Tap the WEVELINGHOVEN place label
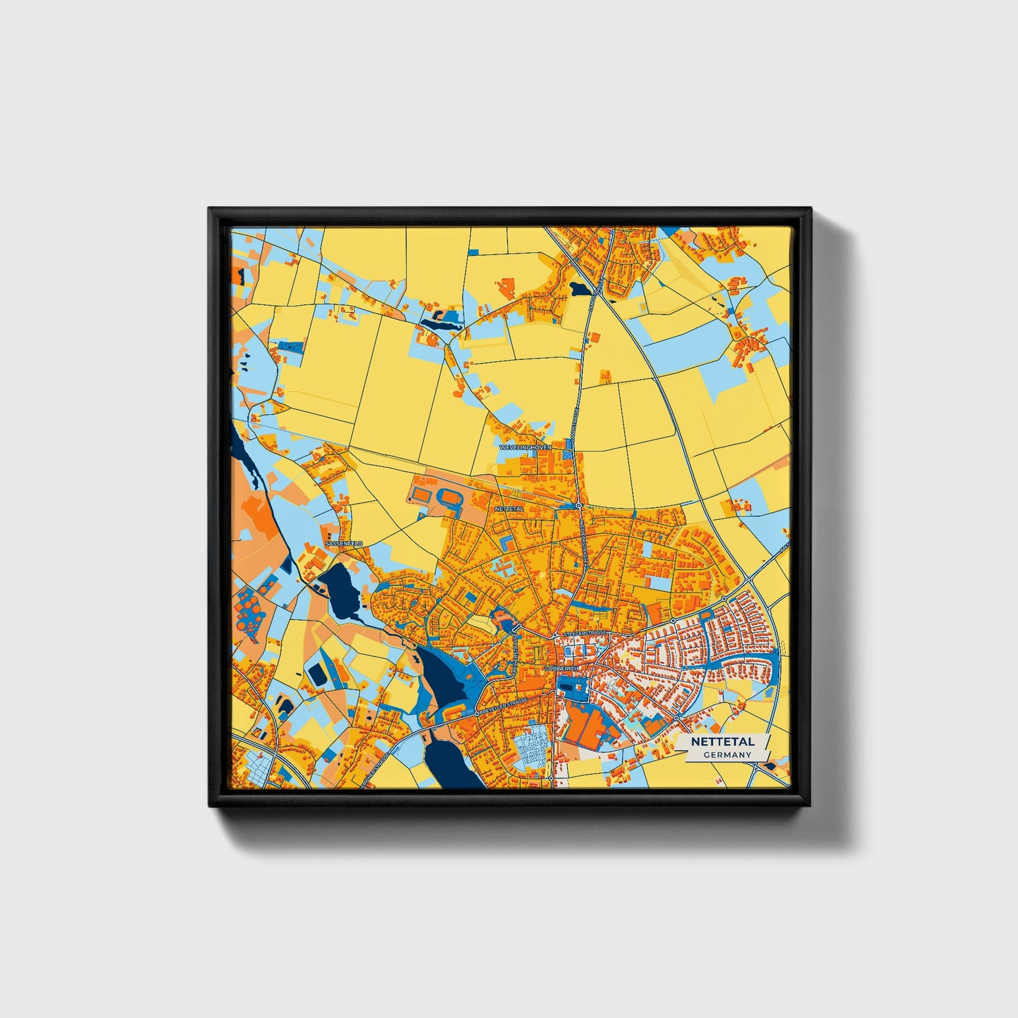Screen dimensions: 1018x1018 tap(525, 447)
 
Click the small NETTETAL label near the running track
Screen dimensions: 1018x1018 tap(509, 508)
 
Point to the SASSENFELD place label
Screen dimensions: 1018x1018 tap(344, 544)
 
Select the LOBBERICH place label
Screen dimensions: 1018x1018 tap(561, 668)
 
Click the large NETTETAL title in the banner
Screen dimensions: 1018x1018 tap(722, 742)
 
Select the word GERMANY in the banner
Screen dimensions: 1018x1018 tap(727, 755)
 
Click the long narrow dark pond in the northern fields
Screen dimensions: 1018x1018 tap(441, 325)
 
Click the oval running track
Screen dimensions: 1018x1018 tap(448, 498)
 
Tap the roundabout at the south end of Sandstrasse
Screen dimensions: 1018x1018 tap(578, 506)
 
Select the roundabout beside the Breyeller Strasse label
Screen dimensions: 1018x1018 tap(477, 714)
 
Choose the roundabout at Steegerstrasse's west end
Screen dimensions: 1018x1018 tap(555, 636)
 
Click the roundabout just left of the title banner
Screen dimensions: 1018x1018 tap(676, 718)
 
